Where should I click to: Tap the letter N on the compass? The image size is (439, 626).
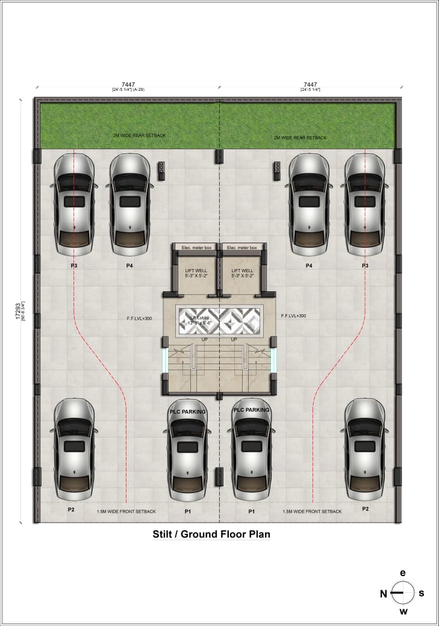[383, 593]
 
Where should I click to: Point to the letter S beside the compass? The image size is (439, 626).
[421, 593]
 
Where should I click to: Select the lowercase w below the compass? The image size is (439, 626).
[403, 612]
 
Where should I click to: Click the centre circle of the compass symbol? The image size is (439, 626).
[403, 593]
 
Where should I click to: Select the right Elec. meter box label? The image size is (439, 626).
[241, 247]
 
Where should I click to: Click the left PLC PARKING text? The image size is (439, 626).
[187, 412]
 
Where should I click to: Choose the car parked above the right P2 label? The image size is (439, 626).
[364, 449]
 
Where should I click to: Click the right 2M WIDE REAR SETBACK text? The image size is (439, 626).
[300, 138]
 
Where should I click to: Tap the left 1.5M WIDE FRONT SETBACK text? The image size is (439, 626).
[126, 512]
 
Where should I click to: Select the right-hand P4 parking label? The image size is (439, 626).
[309, 265]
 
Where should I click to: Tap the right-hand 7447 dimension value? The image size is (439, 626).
[310, 85]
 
